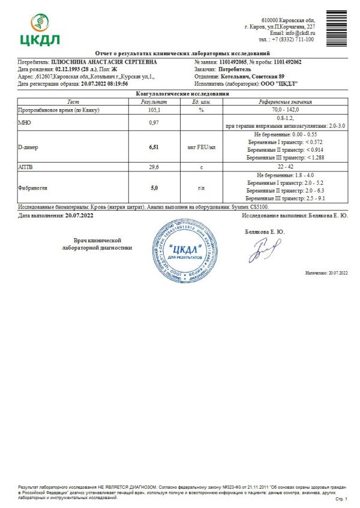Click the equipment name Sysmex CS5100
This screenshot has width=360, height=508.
pos(252,206)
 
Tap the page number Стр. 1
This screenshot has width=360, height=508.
pos(341,498)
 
